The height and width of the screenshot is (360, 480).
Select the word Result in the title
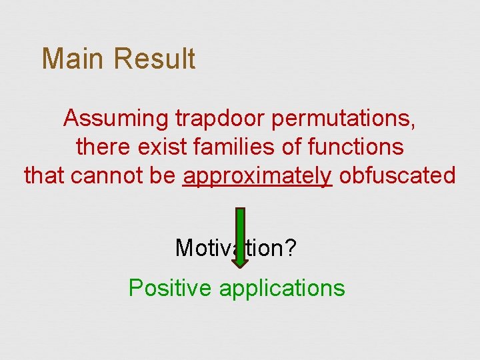[154, 59]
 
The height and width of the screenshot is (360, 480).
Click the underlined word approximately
[257, 176]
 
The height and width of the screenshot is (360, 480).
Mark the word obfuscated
[397, 175]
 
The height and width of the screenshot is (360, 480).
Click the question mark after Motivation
[291, 248]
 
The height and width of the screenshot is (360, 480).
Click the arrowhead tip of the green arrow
[240, 267]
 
